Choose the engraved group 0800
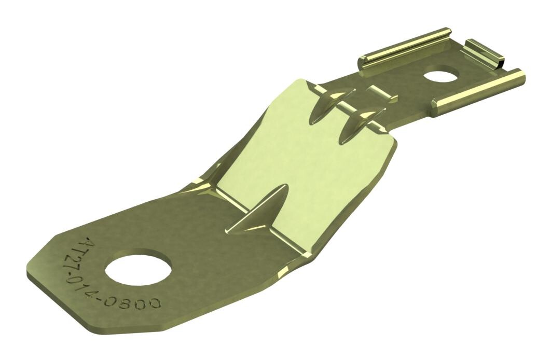tap(144, 302)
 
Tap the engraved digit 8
tap(140, 301)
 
